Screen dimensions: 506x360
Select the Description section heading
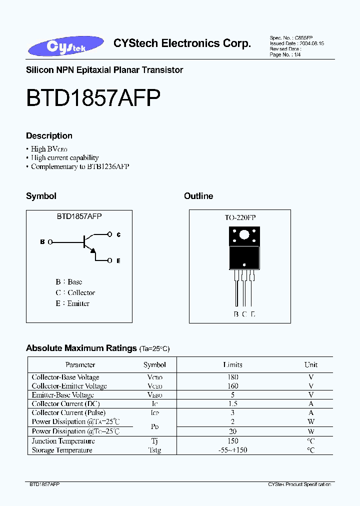click(49, 135)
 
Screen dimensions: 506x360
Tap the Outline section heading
click(198, 196)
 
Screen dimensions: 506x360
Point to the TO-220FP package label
click(240, 217)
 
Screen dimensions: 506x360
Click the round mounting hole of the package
click(244, 235)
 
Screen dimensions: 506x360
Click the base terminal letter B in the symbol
click(42, 242)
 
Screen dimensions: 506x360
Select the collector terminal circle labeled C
click(109, 234)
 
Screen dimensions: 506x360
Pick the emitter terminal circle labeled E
click(109, 260)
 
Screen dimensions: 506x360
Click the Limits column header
click(232, 364)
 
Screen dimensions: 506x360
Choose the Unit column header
click(311, 364)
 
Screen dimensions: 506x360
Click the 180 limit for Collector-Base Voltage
click(232, 377)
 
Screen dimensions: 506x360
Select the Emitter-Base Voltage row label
click(62, 395)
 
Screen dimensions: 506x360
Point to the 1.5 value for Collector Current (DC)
click(232, 403)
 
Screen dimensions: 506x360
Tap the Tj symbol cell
click(154, 441)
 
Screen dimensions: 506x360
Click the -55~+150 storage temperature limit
click(232, 450)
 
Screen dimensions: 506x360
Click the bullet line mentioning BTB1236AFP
click(80, 166)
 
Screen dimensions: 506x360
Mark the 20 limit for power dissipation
click(232, 431)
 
